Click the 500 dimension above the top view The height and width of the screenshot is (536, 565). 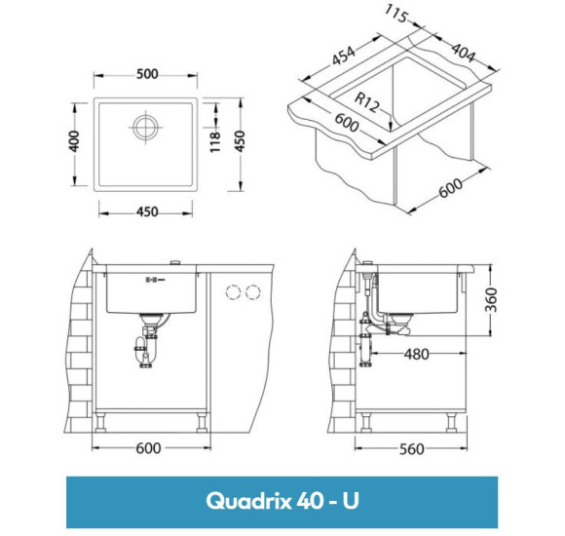tap(147, 75)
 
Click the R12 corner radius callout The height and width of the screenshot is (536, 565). tap(367, 100)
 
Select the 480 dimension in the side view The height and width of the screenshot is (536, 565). tap(417, 354)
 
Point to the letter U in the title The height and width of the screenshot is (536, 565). tap(350, 502)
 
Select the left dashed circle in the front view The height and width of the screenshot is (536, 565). tap(234, 291)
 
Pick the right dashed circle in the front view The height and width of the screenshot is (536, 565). tap(255, 291)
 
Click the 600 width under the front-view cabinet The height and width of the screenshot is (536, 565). tap(147, 450)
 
